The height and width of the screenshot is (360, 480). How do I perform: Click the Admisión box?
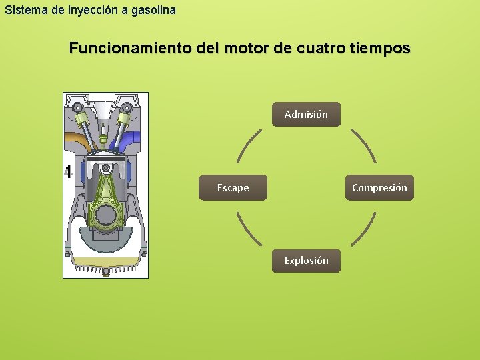(306, 115)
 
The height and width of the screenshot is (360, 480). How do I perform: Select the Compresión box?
(379, 188)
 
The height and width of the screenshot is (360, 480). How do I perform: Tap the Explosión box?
(306, 261)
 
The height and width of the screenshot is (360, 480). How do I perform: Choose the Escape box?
(233, 188)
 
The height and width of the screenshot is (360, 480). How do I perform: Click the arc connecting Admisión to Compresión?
(364, 145)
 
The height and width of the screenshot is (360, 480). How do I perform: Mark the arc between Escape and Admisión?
(249, 145)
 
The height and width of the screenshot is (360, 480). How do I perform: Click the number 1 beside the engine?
(67, 171)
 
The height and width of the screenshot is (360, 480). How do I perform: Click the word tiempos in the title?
(379, 49)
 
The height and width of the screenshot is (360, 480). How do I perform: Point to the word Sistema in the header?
(22, 10)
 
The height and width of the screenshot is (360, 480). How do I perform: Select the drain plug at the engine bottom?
(105, 271)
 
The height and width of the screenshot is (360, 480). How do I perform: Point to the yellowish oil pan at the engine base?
(105, 261)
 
